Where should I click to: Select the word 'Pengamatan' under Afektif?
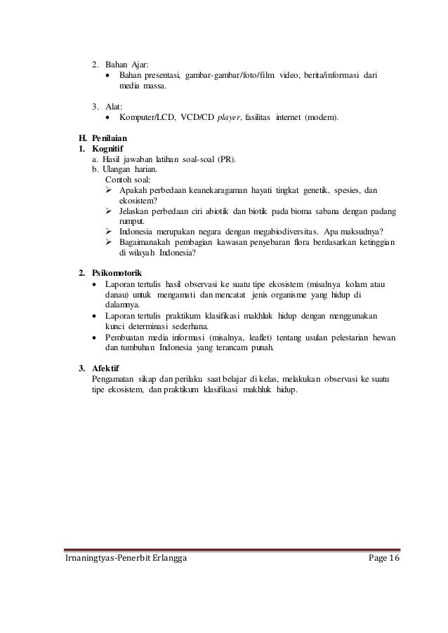tap(114, 379)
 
